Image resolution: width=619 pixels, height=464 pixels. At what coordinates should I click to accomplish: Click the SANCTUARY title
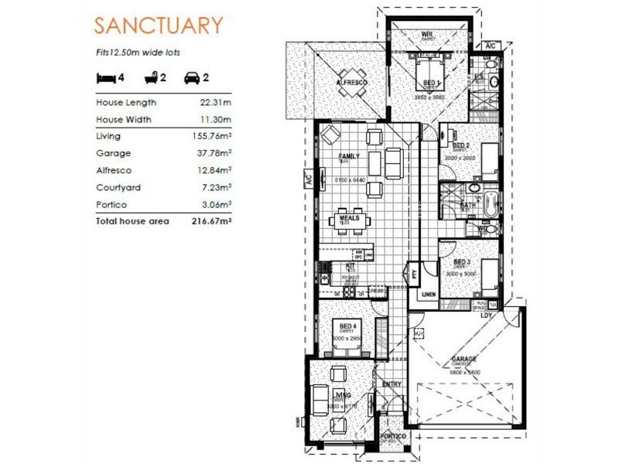coord(158,25)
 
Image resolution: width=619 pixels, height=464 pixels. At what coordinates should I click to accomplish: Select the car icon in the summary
coord(191,77)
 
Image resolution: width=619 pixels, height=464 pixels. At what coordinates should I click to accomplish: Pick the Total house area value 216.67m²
coord(213,221)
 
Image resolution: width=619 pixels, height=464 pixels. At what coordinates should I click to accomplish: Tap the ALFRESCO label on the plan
coord(351,82)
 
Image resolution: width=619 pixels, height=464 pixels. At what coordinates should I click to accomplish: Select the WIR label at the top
coord(426,35)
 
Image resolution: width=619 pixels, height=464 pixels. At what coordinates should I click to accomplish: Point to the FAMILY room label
coord(350,156)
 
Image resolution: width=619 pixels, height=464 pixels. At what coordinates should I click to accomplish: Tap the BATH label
coord(469,205)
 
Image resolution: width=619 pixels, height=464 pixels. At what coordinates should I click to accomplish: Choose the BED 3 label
coord(462,263)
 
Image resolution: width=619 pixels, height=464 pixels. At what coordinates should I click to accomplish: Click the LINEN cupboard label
coord(428,294)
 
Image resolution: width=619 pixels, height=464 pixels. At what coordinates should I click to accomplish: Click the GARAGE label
coord(464,359)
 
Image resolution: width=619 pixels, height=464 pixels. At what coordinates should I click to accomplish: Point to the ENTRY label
coord(392,384)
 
